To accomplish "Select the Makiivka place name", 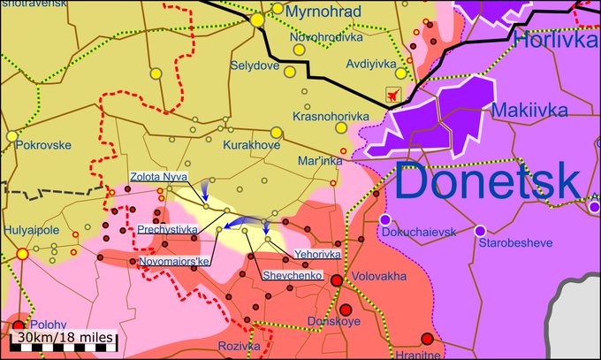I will [532, 111].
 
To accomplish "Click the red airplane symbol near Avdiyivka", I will [393, 95].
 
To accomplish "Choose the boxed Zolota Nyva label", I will [158, 177].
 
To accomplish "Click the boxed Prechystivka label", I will [167, 229].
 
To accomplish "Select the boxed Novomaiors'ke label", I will [174, 261].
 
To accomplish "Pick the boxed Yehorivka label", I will [316, 255].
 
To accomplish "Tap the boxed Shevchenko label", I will [292, 276].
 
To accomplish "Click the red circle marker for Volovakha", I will [337, 280].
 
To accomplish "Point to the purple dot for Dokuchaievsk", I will [384, 218].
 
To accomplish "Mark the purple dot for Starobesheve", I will [480, 231].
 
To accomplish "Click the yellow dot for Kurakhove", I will [276, 133].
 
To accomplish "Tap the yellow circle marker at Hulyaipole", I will [23, 254].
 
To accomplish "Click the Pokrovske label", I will [45, 142].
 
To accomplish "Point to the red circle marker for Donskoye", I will [346, 310].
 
